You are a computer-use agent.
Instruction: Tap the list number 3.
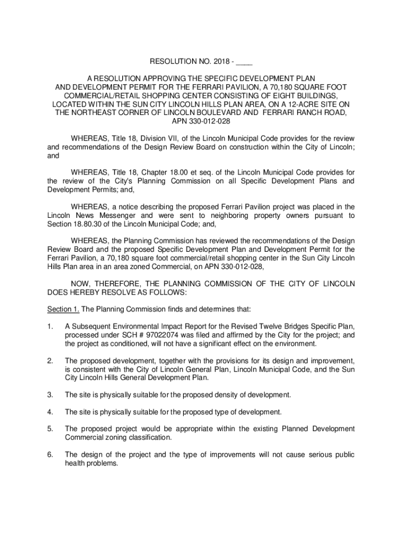tap(50, 394)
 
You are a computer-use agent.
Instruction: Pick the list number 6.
tap(50, 454)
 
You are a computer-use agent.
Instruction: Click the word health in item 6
tap(75, 462)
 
